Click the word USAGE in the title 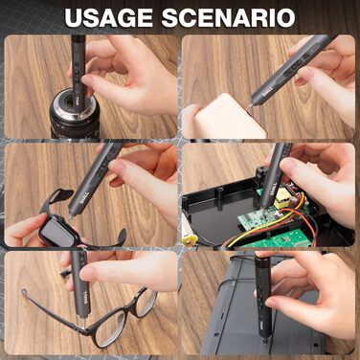pos(108,17)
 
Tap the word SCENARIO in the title pos(228,17)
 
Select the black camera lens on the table pos(75,113)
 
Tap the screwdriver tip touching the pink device pos(249,109)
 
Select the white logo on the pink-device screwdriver pos(266,93)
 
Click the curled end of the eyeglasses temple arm pos(24,292)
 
